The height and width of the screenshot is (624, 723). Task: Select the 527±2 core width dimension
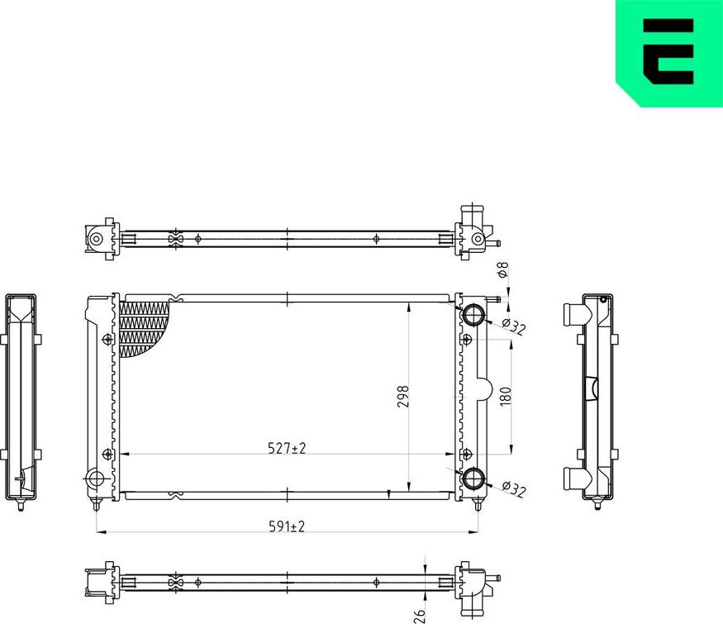[287, 448]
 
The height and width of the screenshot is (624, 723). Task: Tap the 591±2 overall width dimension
[287, 526]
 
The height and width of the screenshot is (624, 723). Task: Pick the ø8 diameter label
[502, 270]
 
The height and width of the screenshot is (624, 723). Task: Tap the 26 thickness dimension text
[419, 614]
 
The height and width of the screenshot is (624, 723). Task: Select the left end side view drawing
[21, 398]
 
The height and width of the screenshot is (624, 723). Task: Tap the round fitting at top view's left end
[96, 239]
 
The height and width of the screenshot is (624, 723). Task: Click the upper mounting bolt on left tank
[107, 339]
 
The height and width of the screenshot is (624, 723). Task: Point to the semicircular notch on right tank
[484, 390]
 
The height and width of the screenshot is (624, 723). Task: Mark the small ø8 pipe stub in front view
[496, 300]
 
